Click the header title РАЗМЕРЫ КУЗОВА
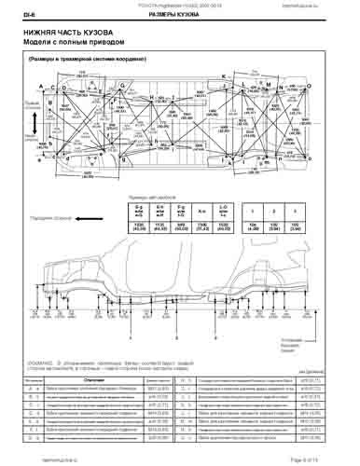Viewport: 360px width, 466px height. (173, 13)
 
